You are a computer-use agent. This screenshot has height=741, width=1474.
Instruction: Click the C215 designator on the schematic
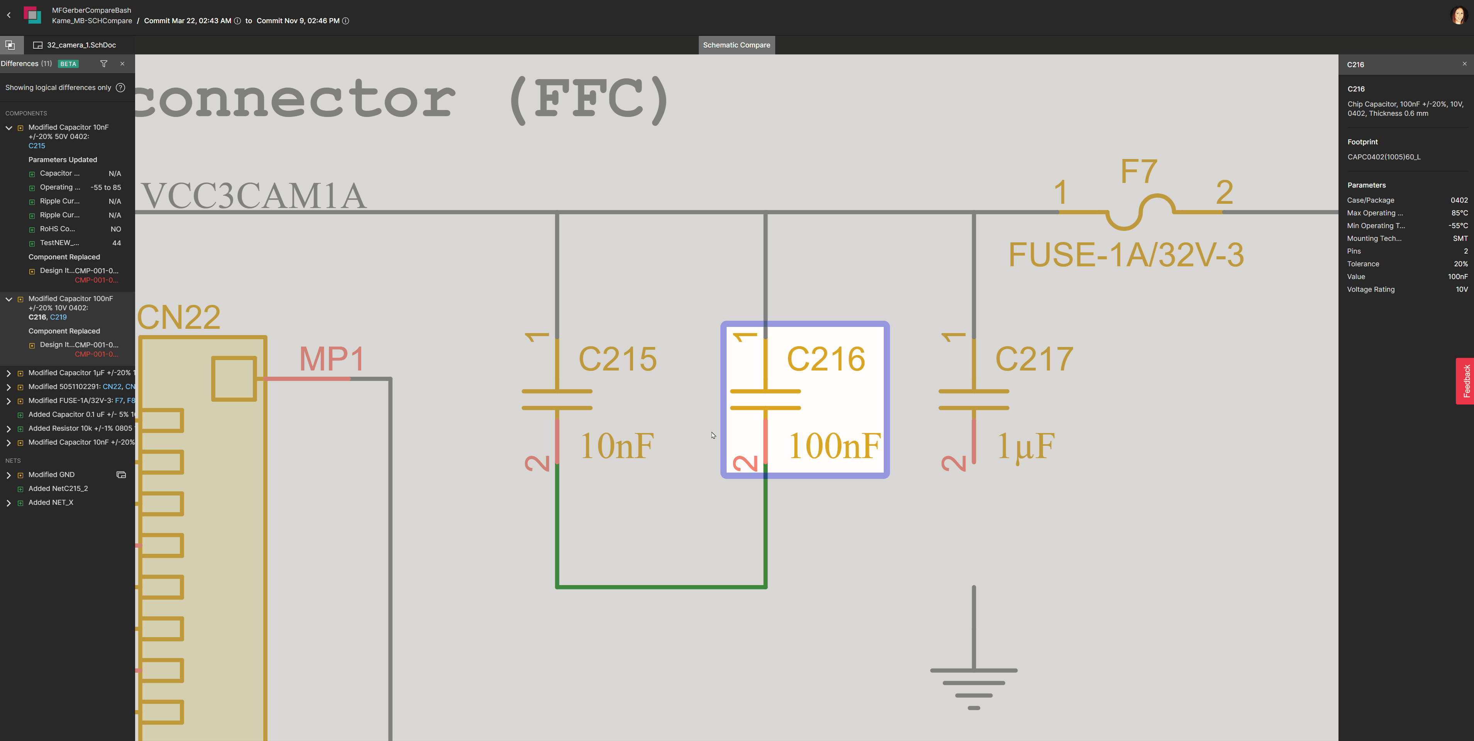click(x=617, y=359)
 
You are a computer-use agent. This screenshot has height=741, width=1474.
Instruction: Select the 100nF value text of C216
click(x=834, y=446)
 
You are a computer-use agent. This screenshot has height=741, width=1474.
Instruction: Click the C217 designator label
click(x=1033, y=359)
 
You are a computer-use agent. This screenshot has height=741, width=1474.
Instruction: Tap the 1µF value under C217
click(x=1025, y=446)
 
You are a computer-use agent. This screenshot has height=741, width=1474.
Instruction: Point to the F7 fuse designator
click(x=1139, y=171)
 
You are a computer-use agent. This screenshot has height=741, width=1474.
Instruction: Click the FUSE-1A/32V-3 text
click(x=1125, y=255)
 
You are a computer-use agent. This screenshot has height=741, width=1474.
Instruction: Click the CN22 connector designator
click(x=178, y=317)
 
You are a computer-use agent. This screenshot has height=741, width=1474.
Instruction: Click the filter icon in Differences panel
click(x=103, y=64)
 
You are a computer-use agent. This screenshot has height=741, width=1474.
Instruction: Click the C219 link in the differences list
click(x=58, y=317)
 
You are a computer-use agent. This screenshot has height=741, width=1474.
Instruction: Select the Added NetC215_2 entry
click(x=58, y=489)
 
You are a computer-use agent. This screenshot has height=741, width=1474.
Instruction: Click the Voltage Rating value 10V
click(x=1461, y=289)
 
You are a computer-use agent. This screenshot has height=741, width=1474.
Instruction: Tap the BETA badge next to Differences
click(x=68, y=64)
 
